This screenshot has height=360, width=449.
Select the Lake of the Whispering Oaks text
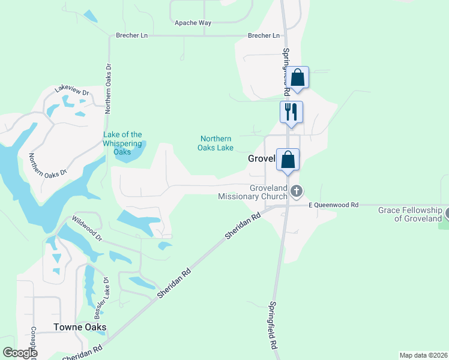pyautogui.click(x=122, y=143)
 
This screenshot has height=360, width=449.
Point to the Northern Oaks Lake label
pyautogui.click(x=216, y=143)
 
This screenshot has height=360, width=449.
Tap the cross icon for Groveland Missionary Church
pyautogui.click(x=296, y=191)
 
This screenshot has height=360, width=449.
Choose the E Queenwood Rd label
pyautogui.click(x=333, y=205)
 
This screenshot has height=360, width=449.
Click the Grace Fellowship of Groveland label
pyautogui.click(x=410, y=214)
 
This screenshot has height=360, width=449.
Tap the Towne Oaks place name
pyautogui.click(x=80, y=327)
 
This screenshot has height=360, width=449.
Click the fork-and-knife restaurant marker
pyautogui.click(x=291, y=112)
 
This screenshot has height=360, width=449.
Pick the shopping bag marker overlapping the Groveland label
pyautogui.click(x=288, y=160)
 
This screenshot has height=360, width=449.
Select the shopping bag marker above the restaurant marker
pyautogui.click(x=297, y=77)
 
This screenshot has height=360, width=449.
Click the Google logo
pyautogui.click(x=19, y=353)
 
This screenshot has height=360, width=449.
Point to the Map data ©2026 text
pyautogui.click(x=423, y=355)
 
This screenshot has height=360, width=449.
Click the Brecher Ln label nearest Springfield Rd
pyautogui.click(x=264, y=36)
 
